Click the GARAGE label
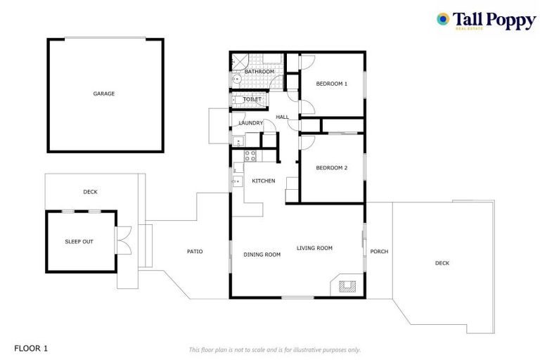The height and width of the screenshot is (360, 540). click(104, 94)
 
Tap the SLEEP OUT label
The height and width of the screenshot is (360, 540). click(79, 241)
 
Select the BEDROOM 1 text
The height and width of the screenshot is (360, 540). click(331, 84)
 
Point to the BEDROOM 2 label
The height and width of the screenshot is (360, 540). click(331, 167)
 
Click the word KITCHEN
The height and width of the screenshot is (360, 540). click(264, 181)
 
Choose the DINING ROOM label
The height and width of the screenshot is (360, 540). click(262, 255)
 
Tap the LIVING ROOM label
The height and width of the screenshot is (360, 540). click(314, 247)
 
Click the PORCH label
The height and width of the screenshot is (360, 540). click(379, 251)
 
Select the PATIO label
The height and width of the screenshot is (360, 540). click(195, 251)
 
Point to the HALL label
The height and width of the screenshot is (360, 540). click(282, 117)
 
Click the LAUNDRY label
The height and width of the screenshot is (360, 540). click(250, 124)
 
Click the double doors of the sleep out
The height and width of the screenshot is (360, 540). click(125, 240)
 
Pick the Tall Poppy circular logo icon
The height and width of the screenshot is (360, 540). click(443, 19)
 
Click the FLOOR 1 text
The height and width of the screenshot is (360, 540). click(31, 348)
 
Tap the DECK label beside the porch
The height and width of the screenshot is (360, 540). click(442, 263)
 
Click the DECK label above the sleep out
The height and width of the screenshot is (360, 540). click(90, 191)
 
